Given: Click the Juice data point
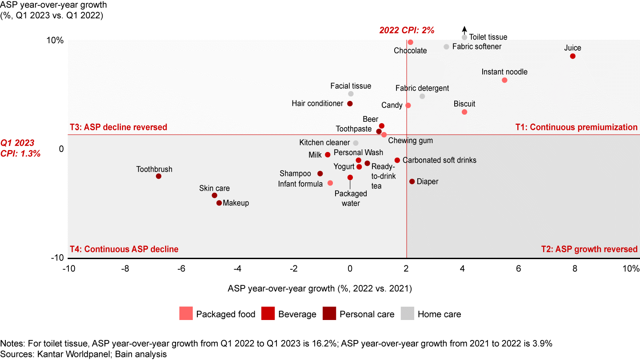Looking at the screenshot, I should tap(572, 56).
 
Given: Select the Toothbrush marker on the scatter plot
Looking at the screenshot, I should tap(159, 176).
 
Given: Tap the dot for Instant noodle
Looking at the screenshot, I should tap(504, 80).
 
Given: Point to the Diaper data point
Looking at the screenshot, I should tap(412, 181).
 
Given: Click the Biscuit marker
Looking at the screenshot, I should tap(464, 112).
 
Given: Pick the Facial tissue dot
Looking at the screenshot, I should tap(351, 94).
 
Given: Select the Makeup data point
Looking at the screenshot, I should tap(219, 203).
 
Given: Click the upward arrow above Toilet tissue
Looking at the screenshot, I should tap(464, 30).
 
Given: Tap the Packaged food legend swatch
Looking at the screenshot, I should tap(185, 314).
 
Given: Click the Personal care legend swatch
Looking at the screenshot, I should tap(329, 314).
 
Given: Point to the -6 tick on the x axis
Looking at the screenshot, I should tap(181, 269).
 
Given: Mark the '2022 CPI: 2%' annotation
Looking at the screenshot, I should tap(406, 30).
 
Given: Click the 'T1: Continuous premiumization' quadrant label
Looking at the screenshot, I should tap(576, 128).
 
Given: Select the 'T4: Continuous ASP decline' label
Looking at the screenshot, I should tap(124, 249).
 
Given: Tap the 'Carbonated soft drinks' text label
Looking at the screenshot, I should tap(440, 160).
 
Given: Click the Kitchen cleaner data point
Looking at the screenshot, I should tap(356, 143).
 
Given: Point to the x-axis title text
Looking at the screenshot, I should tap(320, 288).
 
